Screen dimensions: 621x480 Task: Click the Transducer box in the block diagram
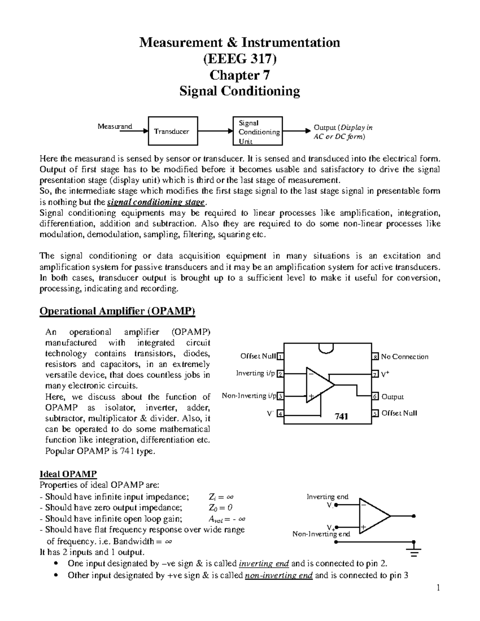click(173, 131)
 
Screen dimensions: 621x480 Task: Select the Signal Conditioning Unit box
click(258, 131)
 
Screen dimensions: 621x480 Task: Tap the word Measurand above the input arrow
click(115, 126)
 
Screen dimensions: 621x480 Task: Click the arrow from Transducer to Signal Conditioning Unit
click(215, 131)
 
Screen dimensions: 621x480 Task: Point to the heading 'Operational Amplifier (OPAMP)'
click(117, 311)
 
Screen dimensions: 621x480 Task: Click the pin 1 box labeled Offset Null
click(281, 356)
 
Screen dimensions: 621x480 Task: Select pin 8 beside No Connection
click(375, 357)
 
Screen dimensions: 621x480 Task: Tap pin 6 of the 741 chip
click(375, 397)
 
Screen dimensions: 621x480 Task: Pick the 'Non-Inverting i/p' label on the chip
click(249, 396)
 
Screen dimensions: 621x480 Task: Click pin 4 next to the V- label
click(281, 414)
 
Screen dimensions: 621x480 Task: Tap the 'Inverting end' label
click(327, 497)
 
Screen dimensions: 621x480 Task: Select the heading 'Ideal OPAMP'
click(68, 474)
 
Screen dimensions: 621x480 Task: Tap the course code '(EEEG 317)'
click(240, 59)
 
